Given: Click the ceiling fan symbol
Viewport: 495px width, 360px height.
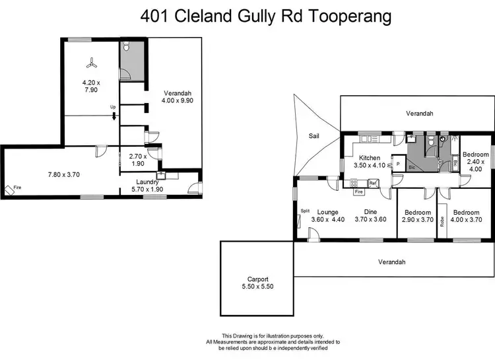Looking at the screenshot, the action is click(x=90, y=63).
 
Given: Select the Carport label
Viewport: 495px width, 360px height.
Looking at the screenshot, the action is click(x=254, y=279).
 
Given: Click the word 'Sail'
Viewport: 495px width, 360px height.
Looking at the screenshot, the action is click(x=315, y=136).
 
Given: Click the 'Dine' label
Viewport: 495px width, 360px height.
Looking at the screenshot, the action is click(x=371, y=212).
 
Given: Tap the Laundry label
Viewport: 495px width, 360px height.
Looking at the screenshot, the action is click(x=147, y=182).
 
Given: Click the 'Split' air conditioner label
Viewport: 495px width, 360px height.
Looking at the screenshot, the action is click(x=305, y=211).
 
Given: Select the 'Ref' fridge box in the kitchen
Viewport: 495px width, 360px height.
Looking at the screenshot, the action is click(x=373, y=183).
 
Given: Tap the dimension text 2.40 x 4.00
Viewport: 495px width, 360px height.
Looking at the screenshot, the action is click(x=475, y=164).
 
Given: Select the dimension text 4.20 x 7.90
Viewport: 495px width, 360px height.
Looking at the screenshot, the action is click(x=90, y=87).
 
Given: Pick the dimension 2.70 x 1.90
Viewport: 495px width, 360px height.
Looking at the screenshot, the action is click(x=136, y=160).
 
